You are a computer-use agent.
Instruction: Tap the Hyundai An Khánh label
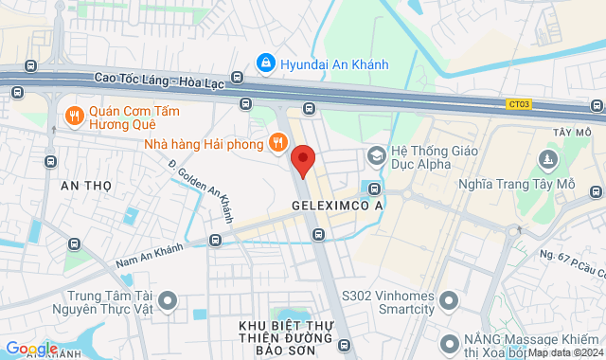point(334,63)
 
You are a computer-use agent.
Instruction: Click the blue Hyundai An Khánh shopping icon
point(266,63)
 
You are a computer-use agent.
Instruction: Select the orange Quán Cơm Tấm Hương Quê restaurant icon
point(73,116)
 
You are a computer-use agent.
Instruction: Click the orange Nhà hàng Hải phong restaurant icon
point(276,143)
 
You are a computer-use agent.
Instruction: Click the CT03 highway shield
point(519,103)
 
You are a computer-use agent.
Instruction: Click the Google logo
point(30,349)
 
